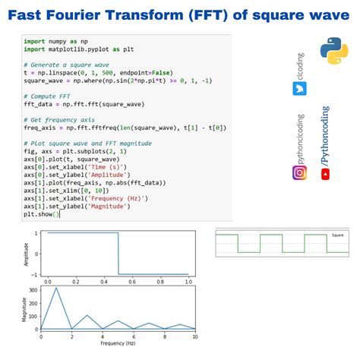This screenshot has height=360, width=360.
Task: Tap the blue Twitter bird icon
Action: (x=298, y=88)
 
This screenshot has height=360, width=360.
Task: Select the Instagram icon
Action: (x=299, y=173)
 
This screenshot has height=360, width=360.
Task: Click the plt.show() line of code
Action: (x=37, y=214)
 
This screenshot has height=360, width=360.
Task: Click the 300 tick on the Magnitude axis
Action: (x=30, y=290)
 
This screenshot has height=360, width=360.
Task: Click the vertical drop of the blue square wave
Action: (x=118, y=254)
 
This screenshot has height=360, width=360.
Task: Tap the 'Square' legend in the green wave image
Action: (x=336, y=235)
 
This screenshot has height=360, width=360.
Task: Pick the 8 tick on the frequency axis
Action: (x=164, y=336)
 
